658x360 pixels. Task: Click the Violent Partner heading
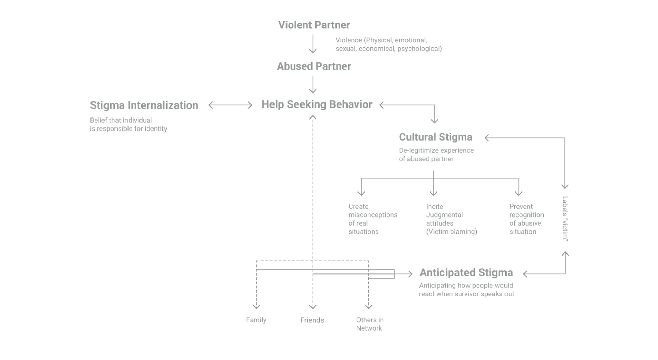tap(314, 25)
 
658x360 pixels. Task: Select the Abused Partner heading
tap(314, 66)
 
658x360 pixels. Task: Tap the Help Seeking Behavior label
tap(317, 104)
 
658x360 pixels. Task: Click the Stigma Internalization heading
tap(144, 105)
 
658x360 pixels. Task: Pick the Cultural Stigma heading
tap(436, 137)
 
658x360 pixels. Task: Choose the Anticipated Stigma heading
tap(466, 272)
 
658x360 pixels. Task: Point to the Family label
tap(256, 320)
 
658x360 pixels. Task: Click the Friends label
tap(312, 320)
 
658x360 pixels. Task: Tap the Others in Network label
tap(370, 324)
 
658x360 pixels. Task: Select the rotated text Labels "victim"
tap(565, 219)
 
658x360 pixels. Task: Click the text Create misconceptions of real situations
tap(373, 219)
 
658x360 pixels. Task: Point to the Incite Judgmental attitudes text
tap(451, 219)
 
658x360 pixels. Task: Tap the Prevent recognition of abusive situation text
tap(526, 219)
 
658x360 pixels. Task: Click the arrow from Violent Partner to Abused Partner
tap(313, 44)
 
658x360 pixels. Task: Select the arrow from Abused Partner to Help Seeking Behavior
tap(313, 85)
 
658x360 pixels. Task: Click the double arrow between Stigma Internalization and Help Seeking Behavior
tap(230, 105)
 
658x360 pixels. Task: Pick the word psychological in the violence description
tap(419, 49)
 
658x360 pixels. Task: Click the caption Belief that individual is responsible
tap(129, 124)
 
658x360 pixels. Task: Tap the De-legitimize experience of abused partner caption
tap(436, 154)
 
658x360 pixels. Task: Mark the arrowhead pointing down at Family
tap(256, 306)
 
